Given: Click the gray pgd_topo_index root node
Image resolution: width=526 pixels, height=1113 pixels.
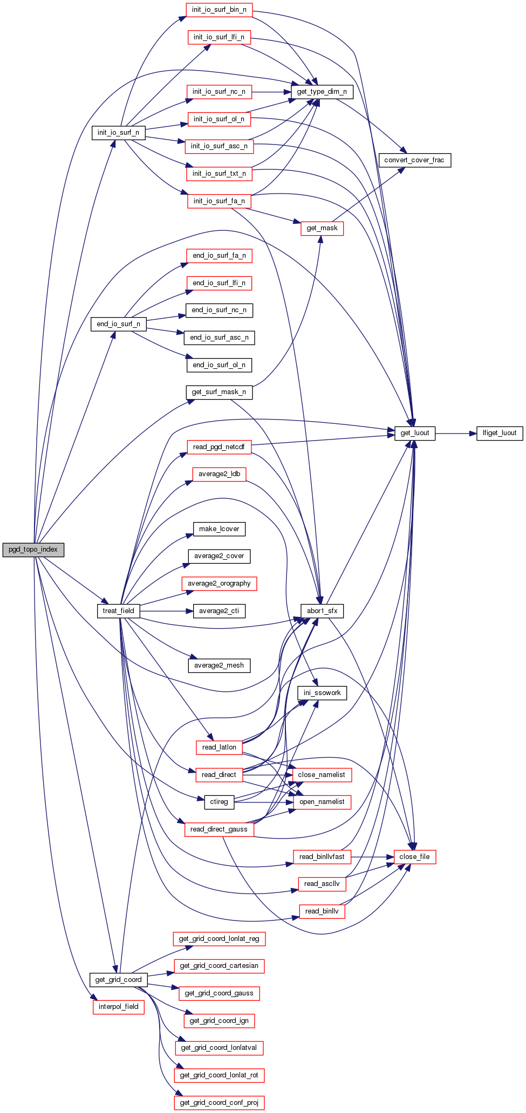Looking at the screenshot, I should [33, 549].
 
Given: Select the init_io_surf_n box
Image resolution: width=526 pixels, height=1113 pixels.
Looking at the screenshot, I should [118, 133].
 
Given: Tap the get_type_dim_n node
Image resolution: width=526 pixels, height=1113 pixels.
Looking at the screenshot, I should [322, 92].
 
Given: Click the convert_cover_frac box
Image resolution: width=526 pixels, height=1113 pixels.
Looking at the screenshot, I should [414, 160].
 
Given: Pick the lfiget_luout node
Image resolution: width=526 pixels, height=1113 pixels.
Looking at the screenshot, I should [500, 433].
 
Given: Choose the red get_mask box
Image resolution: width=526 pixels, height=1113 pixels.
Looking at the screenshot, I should [322, 228].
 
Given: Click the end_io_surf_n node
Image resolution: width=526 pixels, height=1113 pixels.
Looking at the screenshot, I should [118, 324].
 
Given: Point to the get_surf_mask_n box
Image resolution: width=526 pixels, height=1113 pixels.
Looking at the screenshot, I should [219, 392].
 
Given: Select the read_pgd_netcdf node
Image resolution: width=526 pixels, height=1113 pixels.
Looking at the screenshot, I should [219, 447].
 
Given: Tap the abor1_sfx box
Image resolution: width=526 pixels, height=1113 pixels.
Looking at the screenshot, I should [322, 611].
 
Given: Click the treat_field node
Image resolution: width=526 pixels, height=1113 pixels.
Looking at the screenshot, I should [118, 611].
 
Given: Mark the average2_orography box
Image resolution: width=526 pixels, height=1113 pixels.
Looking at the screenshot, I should [219, 583].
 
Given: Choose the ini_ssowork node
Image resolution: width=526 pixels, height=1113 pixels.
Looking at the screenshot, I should [322, 693].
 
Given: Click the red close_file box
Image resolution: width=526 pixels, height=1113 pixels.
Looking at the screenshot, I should [414, 857].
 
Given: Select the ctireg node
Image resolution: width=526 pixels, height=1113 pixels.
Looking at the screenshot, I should [219, 802].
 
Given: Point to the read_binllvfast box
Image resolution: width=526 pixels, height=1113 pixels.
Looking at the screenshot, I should [322, 857].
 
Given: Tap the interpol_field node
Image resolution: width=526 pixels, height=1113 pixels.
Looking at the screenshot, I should [118, 1007].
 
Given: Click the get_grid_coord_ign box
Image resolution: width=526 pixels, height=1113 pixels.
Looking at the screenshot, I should [219, 1021].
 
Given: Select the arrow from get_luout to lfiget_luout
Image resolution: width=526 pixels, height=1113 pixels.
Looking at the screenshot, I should [455, 433].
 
